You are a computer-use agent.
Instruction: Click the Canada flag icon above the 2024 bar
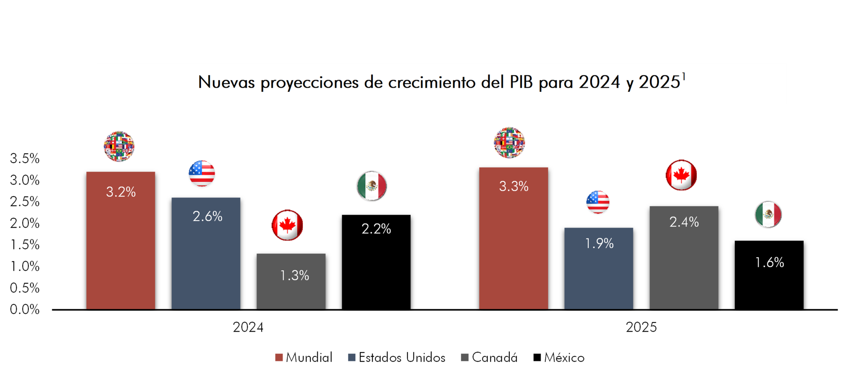point(287,225)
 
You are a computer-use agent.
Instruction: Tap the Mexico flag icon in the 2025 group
point(768,215)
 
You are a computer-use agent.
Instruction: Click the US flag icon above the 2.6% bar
point(202,173)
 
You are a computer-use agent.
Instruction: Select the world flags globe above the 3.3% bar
point(509,142)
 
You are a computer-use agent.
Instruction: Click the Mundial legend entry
point(304,358)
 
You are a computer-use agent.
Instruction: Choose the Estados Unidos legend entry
point(397,358)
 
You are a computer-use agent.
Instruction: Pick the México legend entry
point(559,358)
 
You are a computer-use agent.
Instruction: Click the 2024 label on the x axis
point(248,327)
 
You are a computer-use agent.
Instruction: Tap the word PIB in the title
point(521,82)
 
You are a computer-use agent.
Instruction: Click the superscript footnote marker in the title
point(683,76)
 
